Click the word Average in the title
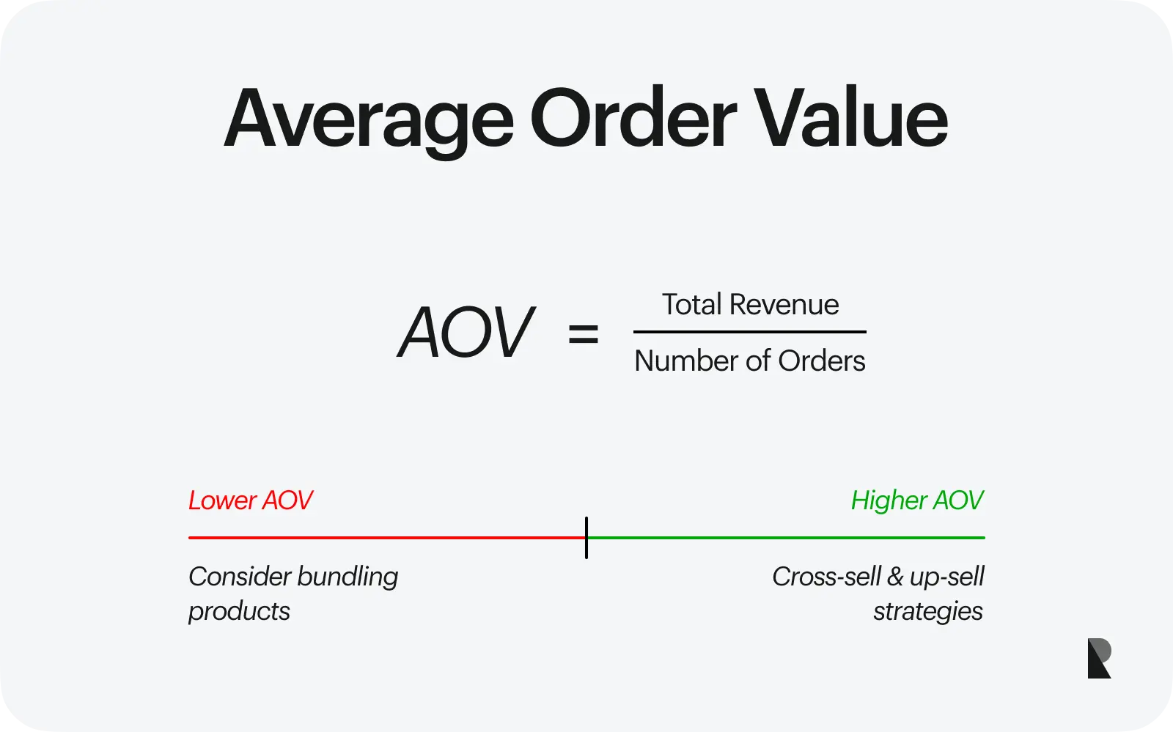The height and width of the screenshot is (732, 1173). point(369,122)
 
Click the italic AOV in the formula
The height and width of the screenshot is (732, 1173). point(466,332)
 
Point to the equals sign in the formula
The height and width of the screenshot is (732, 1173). point(584,334)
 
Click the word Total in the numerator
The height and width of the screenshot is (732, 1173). point(692,304)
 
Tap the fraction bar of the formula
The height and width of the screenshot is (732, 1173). point(750,332)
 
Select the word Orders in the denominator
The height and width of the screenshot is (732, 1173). point(822,361)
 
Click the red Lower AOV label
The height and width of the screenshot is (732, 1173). point(250,500)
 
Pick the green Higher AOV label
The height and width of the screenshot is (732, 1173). point(917,500)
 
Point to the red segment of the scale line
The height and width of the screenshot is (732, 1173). point(387,537)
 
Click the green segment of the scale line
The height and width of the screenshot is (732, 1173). point(786,537)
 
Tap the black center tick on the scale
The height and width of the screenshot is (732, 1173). point(586,538)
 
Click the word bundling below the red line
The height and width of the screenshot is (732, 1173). point(348,577)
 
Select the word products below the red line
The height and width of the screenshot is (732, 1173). point(239,612)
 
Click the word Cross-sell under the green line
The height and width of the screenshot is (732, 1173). point(826,577)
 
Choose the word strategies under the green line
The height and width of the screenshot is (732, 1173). point(928,612)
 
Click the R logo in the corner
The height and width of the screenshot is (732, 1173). point(1099,658)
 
